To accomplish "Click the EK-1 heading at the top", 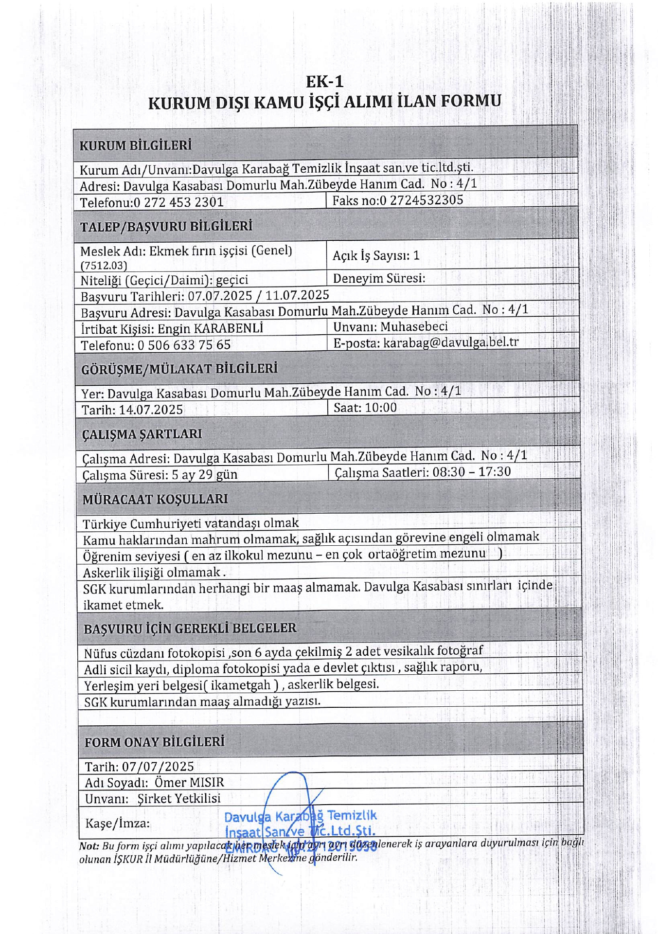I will tap(324, 81).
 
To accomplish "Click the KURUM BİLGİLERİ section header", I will tap(135, 145).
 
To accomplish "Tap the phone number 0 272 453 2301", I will tap(178, 202).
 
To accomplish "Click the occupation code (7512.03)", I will tap(104, 266).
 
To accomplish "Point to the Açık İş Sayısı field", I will tap(375, 256).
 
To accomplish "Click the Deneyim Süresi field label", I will tap(379, 278).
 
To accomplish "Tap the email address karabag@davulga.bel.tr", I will tap(450, 342).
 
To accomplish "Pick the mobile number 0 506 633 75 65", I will tap(184, 345).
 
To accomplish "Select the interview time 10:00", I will tap(380, 408).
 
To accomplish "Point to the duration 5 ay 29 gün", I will tap(204, 475).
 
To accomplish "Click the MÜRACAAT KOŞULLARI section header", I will tap(155, 499).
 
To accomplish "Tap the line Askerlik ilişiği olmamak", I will tap(154, 573).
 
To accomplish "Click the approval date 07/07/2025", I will tap(158, 767).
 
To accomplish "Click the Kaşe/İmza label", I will tap(117, 823).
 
